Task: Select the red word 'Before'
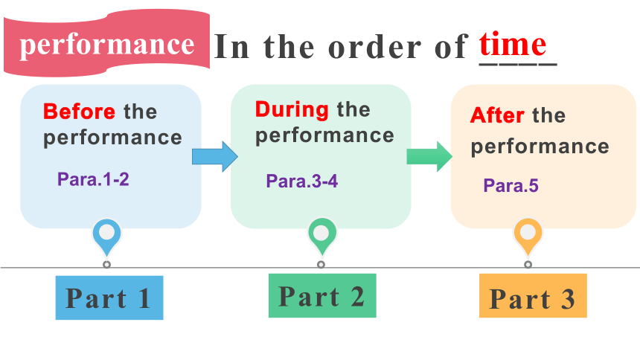79,112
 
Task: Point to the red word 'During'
292,109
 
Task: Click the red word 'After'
497,115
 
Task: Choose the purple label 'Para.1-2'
93,179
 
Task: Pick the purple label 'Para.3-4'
302,181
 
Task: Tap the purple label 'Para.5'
511,185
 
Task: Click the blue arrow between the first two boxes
215,156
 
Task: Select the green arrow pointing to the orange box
429,156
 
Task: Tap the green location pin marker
321,237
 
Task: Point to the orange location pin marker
528,237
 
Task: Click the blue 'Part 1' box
109,298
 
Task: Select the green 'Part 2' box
322,295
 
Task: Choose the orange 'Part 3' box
533,295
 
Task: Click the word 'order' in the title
375,47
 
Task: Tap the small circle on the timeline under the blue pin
106,265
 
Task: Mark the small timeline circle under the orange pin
528,265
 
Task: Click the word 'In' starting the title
231,47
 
